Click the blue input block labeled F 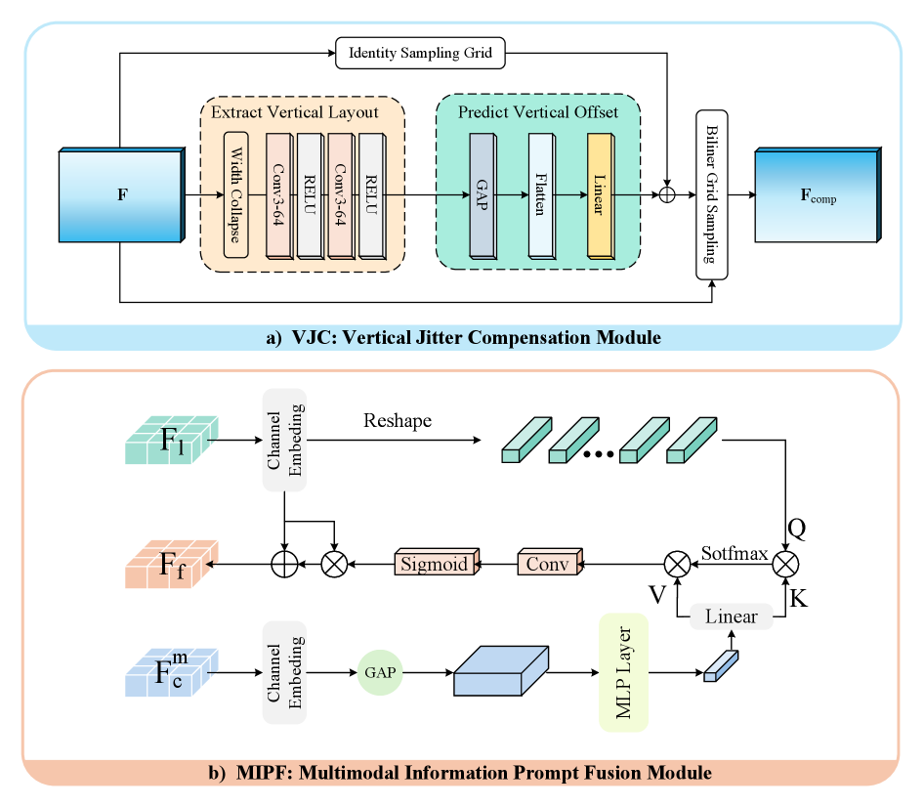(120, 194)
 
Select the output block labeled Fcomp (818, 195)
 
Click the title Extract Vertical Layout (295, 112)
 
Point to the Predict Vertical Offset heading (538, 112)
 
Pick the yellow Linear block (601, 193)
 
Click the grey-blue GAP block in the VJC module (483, 193)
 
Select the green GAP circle (380, 673)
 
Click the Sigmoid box (436, 564)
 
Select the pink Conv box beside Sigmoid (548, 564)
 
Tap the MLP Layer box (625, 672)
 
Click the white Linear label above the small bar (731, 616)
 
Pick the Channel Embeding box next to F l (284, 440)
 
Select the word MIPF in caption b (261, 773)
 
